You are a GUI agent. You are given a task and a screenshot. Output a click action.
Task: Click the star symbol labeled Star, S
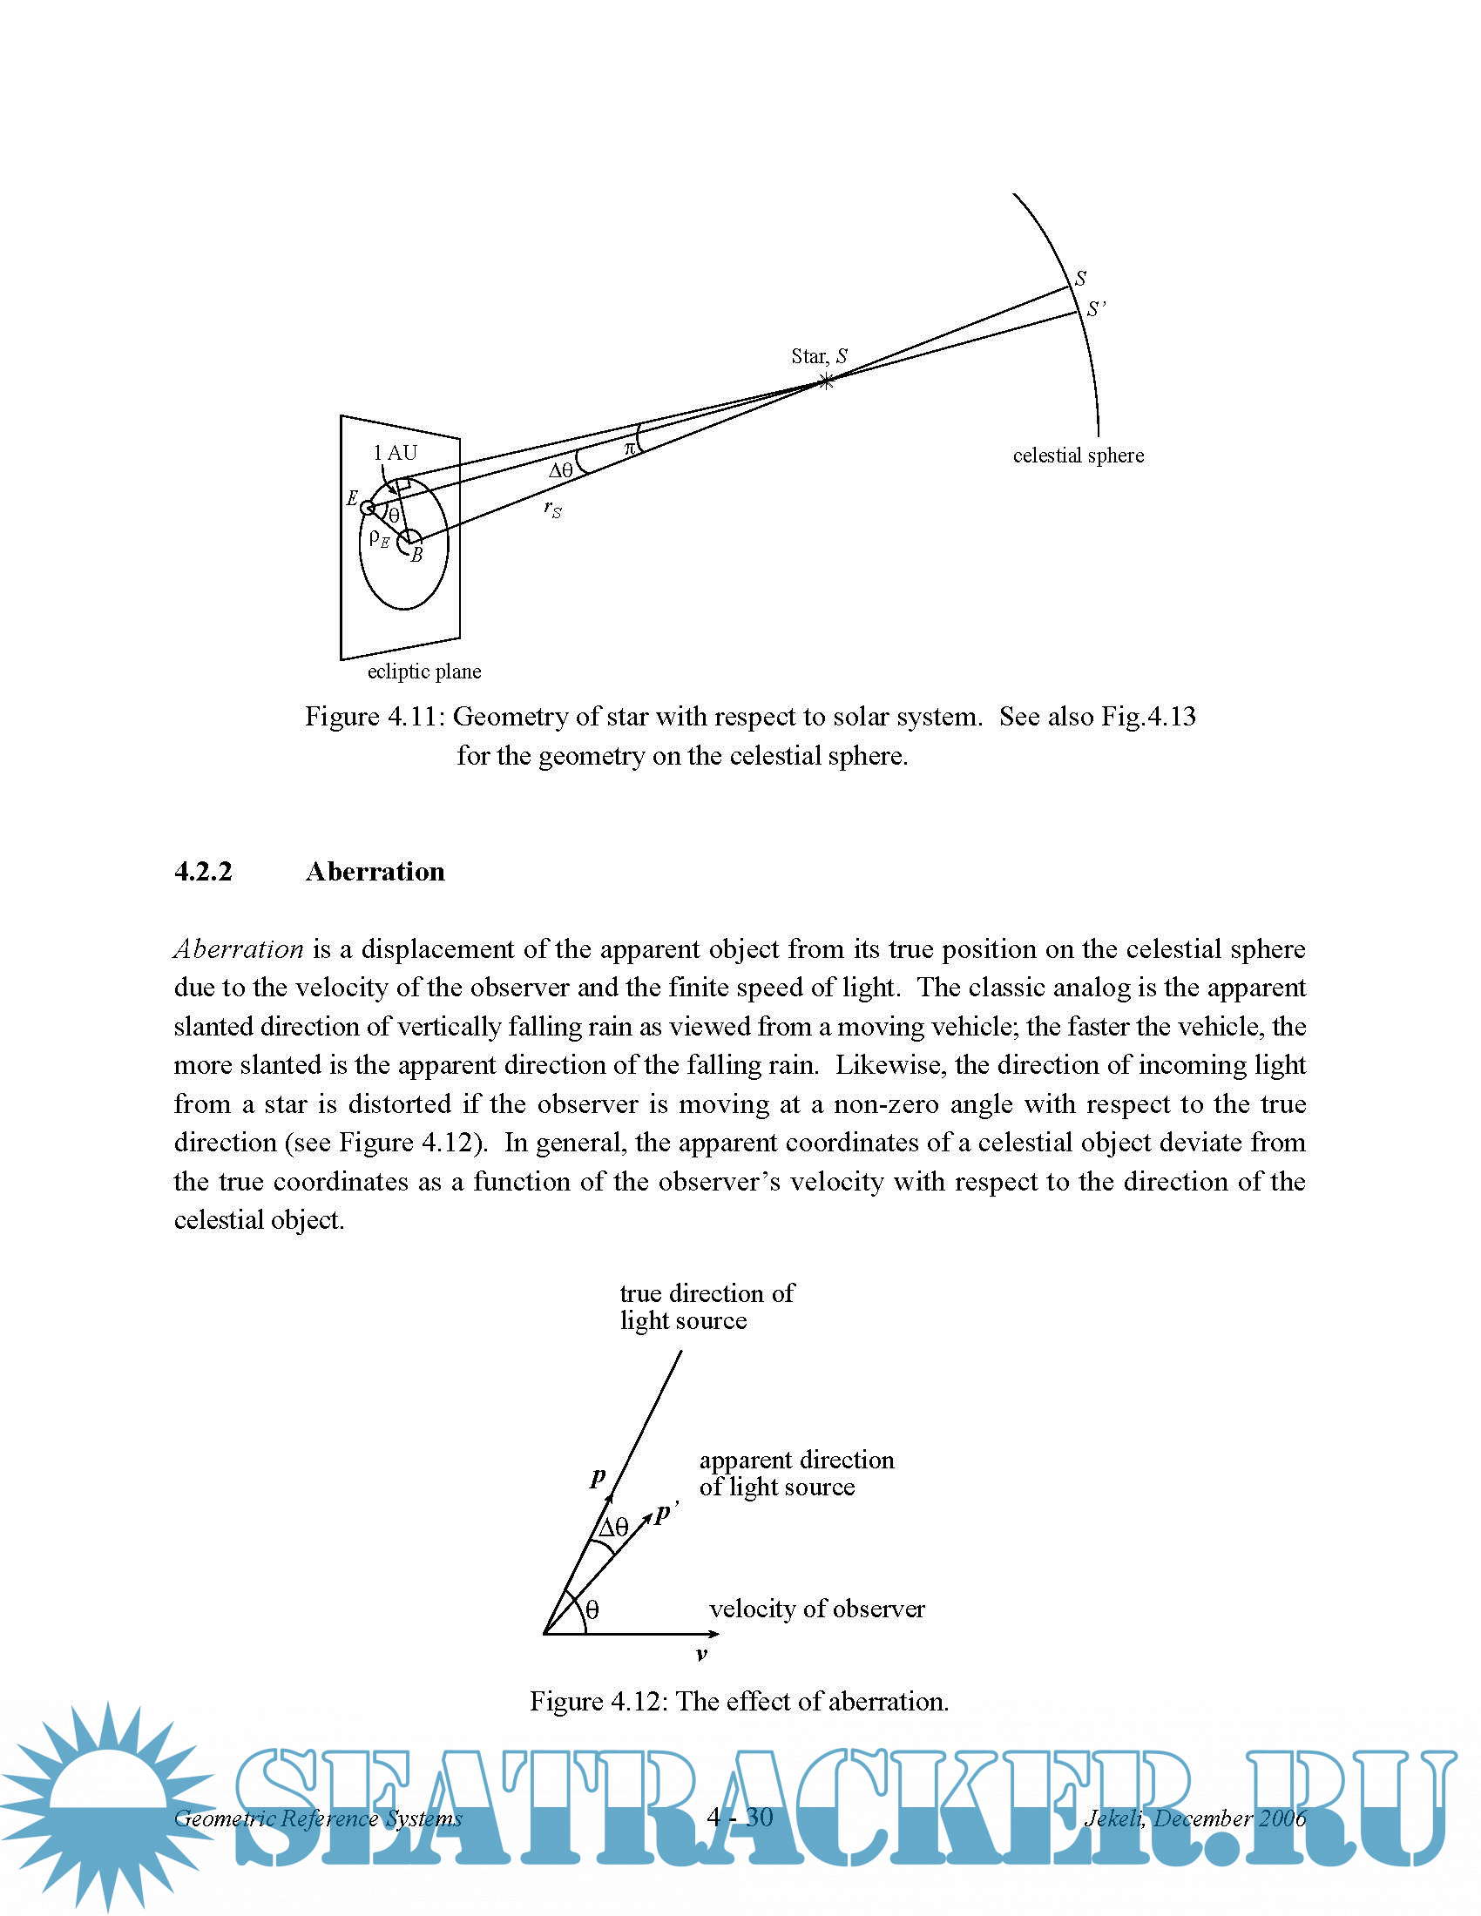coord(826,381)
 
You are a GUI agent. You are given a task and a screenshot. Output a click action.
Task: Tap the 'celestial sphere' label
coord(1079,455)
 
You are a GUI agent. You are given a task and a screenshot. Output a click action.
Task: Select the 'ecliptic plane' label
coord(423,671)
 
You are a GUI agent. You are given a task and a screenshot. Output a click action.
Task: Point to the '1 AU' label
coord(396,453)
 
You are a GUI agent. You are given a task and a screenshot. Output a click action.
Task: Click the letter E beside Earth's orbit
coord(352,498)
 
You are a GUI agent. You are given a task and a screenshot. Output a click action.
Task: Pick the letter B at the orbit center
coord(417,555)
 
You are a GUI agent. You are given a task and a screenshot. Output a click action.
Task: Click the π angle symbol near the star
coord(629,449)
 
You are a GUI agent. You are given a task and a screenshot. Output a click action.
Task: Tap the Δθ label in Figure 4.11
coord(561,470)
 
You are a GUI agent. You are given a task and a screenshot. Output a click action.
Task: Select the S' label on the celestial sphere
coord(1096,309)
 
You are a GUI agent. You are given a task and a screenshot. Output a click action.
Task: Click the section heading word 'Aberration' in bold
coord(375,871)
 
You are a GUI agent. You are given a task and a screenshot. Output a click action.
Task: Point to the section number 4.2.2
coord(203,871)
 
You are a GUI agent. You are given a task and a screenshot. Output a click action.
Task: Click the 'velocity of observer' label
coord(816,1609)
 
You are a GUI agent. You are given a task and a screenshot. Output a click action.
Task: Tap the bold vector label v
coord(701,1655)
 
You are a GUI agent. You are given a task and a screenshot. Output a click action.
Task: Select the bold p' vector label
coord(666,1512)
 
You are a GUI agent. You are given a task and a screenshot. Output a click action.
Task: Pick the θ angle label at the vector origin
coord(592,1609)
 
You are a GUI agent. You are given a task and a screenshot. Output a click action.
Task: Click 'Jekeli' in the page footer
coord(1112,1818)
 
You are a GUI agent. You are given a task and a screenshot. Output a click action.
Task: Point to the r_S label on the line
coord(551,509)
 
